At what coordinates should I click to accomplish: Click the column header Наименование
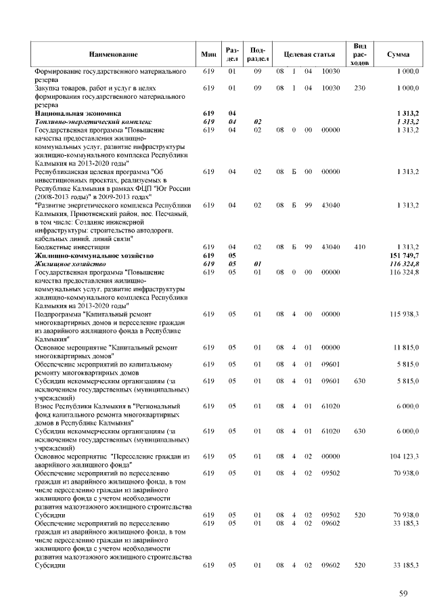(x=113, y=54)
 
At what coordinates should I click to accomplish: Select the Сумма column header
(x=397, y=54)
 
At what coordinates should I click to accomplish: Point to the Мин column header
(x=209, y=54)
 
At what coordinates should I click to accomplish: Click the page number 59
(x=403, y=594)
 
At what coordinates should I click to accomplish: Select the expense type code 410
(x=360, y=248)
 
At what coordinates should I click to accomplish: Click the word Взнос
(x=46, y=404)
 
